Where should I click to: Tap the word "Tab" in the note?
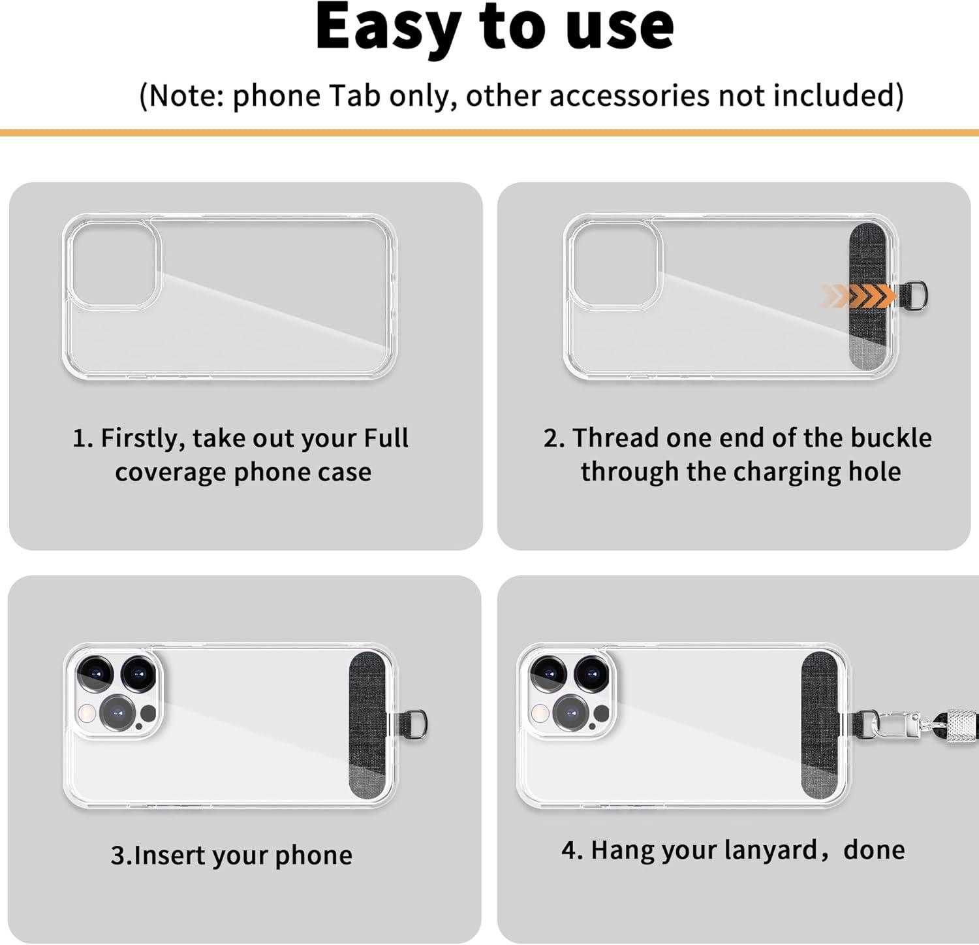[x=354, y=95]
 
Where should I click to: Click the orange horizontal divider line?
[x=489, y=133]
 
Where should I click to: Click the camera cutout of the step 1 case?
[x=113, y=264]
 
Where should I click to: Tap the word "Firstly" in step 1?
[x=143, y=438]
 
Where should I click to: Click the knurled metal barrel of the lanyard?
[x=959, y=724]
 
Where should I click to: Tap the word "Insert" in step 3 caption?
[x=170, y=855]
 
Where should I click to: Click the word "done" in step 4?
[x=874, y=850]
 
